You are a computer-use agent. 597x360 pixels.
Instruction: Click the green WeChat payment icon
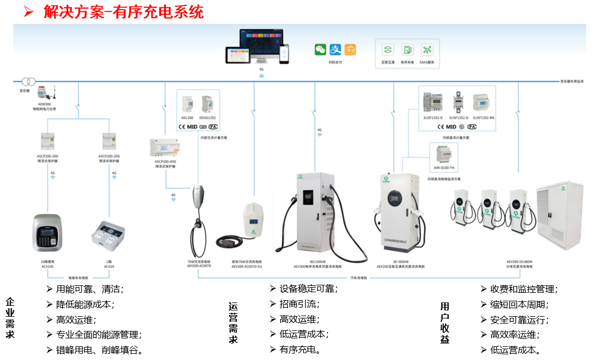[x=320, y=50]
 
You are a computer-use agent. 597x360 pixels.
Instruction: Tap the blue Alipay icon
[x=336, y=50]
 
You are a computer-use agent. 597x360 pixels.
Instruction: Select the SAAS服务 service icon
[x=427, y=50]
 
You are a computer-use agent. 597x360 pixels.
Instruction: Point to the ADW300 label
[x=44, y=104]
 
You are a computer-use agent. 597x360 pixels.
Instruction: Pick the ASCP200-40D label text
[x=165, y=162]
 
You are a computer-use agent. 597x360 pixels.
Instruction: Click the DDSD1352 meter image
[x=207, y=104]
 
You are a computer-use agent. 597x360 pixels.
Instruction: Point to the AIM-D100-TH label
[x=444, y=167]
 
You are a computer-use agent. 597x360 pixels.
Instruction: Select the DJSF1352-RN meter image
[x=483, y=101]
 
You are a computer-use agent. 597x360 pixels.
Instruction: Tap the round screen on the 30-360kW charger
[x=395, y=198]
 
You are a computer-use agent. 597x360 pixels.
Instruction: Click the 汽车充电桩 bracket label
[x=358, y=278]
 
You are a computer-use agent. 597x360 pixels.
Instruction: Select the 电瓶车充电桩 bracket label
[x=78, y=278]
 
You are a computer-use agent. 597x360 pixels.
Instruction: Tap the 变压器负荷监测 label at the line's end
[x=571, y=81]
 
